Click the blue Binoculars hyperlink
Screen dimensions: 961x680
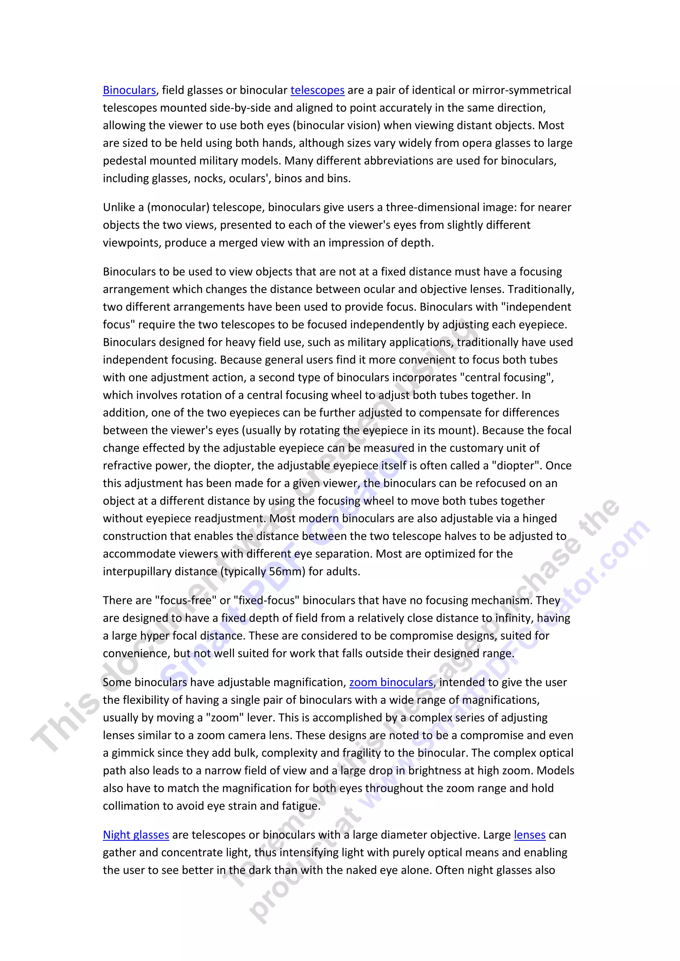129,90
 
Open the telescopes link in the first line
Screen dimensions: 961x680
317,90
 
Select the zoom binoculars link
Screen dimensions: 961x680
391,683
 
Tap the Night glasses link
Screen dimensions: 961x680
136,835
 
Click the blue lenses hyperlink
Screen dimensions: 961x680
530,835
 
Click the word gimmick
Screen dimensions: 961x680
135,753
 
